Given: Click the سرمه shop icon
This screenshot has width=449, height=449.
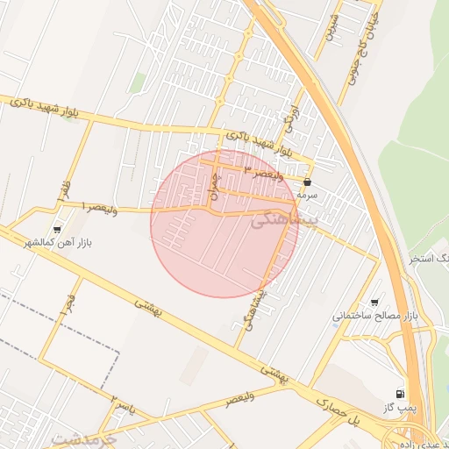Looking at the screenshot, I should coord(307,182).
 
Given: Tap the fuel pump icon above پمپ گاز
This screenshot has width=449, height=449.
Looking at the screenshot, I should coord(401,395).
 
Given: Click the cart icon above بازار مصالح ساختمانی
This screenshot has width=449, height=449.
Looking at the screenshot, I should coord(375,301).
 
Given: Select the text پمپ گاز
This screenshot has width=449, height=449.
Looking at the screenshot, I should coord(398,409).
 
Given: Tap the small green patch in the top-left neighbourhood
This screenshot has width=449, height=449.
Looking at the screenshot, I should coord(138,82).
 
